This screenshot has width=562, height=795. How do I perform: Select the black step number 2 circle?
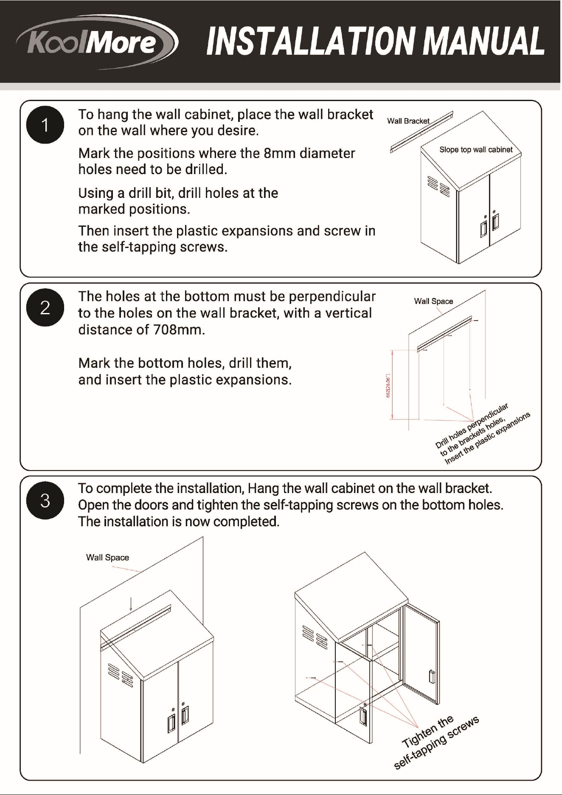pos(45,307)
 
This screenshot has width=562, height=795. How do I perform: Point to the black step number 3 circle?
pos(45,500)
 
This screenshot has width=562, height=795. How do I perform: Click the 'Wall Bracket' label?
pos(408,121)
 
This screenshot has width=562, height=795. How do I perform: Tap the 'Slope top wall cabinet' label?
pos(476,149)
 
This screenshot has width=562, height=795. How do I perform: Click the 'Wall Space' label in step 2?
pos(433,301)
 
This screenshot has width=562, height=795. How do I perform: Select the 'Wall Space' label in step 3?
pos(107,557)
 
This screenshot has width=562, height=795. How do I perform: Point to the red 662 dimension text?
pos(387,386)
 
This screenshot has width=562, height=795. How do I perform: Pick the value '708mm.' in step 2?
pos(179,330)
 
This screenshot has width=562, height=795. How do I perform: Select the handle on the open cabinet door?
pos(431,677)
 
